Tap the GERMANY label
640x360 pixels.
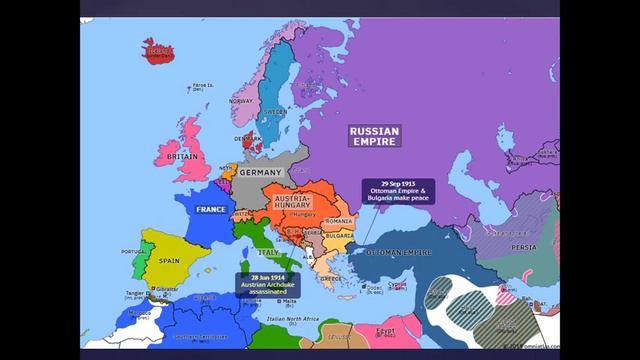point(262,173)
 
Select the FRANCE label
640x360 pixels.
point(210,210)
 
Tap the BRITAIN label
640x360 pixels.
point(182,157)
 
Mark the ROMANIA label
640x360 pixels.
point(340,220)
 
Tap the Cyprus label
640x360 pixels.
point(399,284)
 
